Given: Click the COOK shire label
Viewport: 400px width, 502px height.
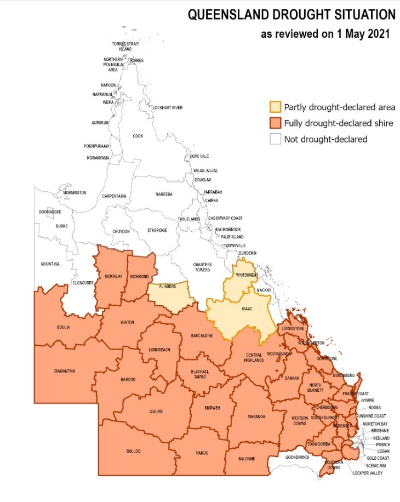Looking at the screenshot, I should pyautogui.click(x=138, y=136).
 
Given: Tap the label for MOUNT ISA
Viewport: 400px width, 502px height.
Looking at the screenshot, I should pyautogui.click(x=50, y=264).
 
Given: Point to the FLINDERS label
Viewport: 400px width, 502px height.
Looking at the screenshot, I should pyautogui.click(x=167, y=287).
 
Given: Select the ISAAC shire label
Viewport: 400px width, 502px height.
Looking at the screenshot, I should pyautogui.click(x=248, y=309).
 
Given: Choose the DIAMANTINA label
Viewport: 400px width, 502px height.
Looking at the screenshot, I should pyautogui.click(x=64, y=371).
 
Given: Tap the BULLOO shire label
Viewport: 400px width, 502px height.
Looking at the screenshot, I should pyautogui.click(x=133, y=451).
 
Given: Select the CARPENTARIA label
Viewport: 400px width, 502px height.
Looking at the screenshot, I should pyautogui.click(x=114, y=196).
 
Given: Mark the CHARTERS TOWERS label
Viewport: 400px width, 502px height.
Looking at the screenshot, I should pyautogui.click(x=202, y=267).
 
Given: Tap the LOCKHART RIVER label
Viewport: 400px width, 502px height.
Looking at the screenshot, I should pyautogui.click(x=167, y=108).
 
